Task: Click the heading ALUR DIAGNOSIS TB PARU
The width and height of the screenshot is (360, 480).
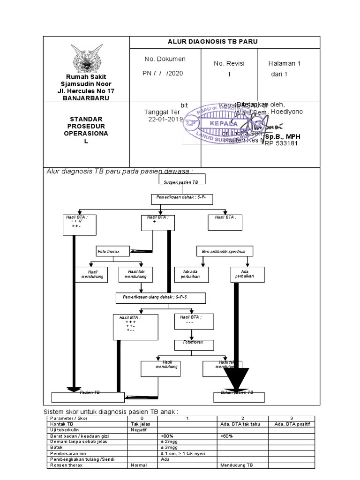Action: tap(212, 42)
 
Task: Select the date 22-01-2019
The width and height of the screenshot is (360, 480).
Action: tap(165, 120)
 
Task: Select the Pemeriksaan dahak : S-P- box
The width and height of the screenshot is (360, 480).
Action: tap(182, 199)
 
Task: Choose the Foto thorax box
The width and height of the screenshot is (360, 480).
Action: tap(112, 252)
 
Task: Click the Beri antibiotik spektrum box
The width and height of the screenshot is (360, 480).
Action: tap(224, 252)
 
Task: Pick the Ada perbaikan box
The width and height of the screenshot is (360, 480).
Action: tap(247, 275)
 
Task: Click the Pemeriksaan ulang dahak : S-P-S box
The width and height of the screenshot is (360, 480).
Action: tap(154, 298)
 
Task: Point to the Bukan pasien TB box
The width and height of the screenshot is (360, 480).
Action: tap(237, 396)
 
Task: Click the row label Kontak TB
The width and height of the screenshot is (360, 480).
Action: tap(61, 424)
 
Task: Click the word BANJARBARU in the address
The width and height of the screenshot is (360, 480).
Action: tap(86, 98)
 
